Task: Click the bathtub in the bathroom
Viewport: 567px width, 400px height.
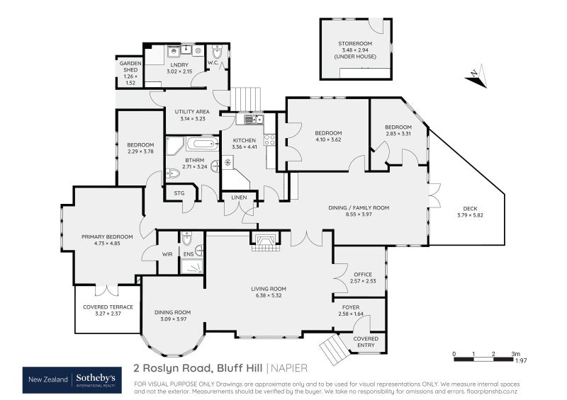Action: coord(203,144)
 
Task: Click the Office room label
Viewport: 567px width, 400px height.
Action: coord(361,273)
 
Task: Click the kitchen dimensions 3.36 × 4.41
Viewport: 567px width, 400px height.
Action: coord(245,147)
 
